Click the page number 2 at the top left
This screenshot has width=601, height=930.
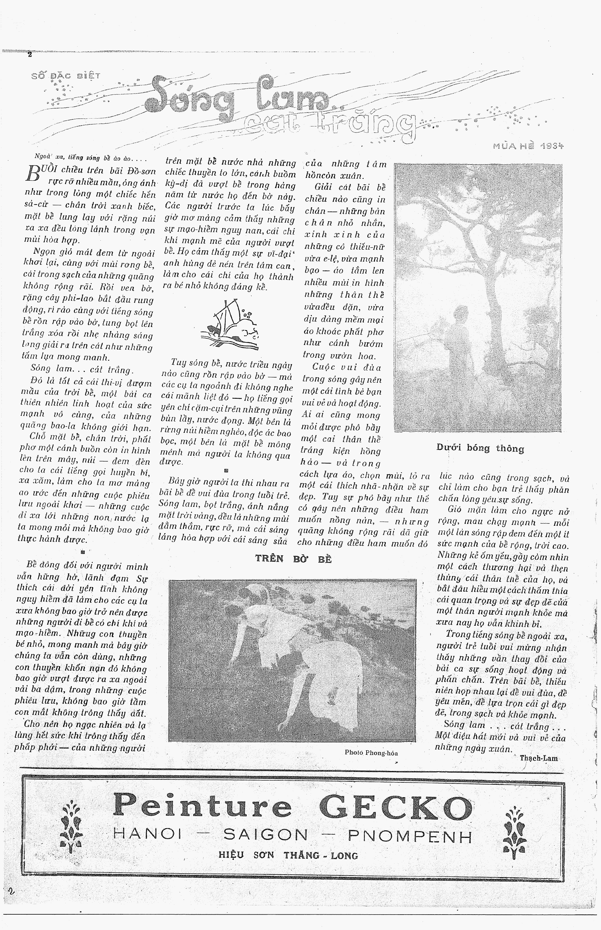click(29, 55)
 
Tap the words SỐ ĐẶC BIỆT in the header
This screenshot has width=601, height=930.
click(65, 76)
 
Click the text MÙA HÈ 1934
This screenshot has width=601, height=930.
click(528, 146)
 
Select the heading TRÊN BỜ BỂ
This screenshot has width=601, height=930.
click(293, 559)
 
